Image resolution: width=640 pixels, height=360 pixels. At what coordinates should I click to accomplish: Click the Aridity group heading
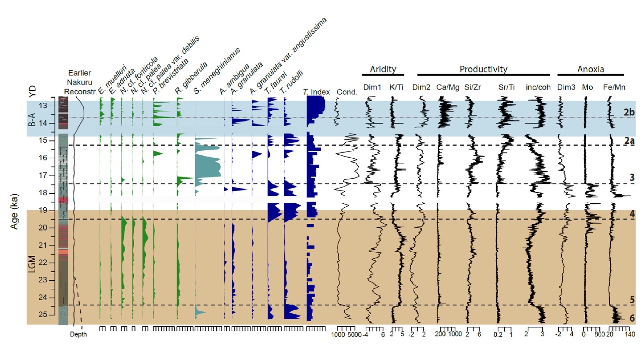[x=382, y=69]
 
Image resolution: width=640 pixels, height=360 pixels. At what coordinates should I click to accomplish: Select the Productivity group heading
[x=483, y=69]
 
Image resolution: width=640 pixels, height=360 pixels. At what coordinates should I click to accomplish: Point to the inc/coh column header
[x=538, y=87]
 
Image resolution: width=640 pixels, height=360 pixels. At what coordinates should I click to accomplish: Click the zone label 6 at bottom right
[x=632, y=318]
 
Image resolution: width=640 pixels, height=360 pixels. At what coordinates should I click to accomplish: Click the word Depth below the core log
[x=78, y=334]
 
